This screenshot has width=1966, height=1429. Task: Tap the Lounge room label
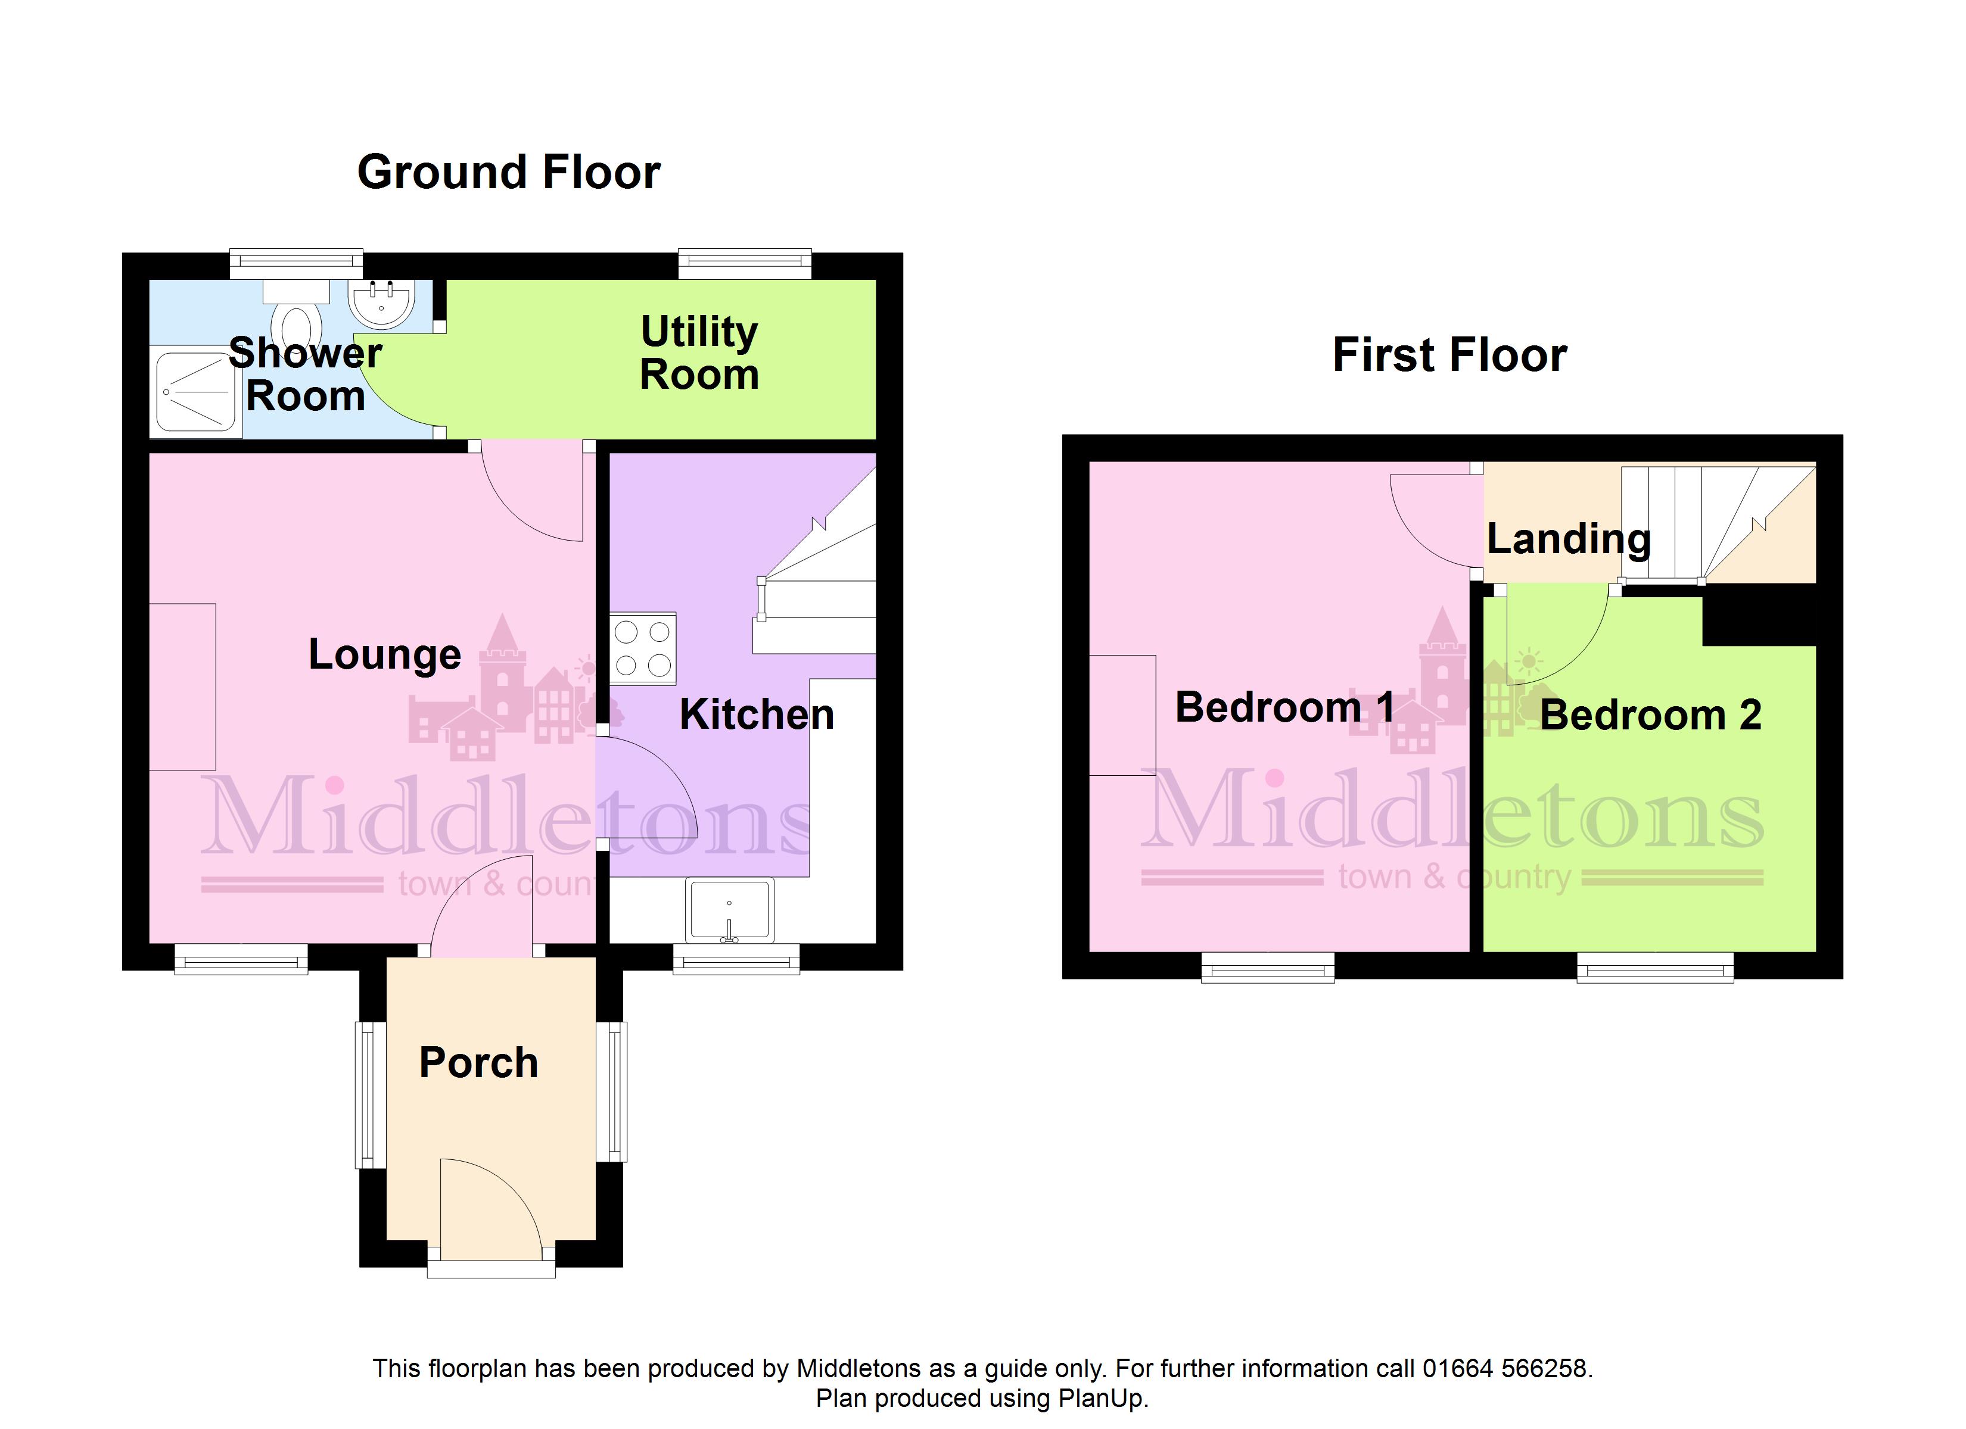pos(385,655)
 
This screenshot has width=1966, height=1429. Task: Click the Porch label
pos(478,1062)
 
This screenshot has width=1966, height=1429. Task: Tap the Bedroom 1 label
pos(1284,707)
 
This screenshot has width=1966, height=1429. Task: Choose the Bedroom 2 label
pos(1650,715)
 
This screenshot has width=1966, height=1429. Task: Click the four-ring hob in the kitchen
pos(642,648)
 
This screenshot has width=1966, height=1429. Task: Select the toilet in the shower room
pos(297,314)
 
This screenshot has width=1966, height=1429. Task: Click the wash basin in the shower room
pos(381,303)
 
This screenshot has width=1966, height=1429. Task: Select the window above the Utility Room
pos(745,263)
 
